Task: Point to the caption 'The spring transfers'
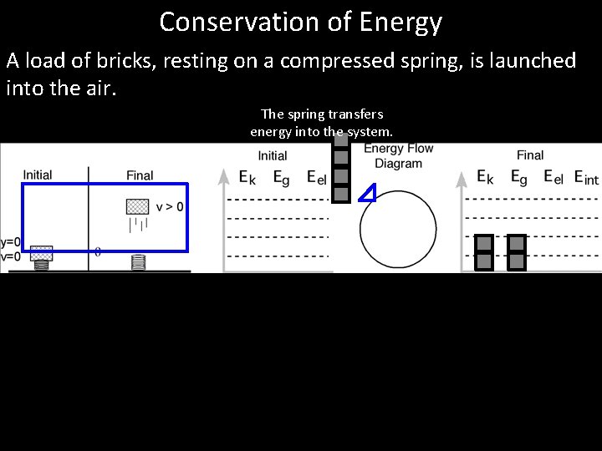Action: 322,114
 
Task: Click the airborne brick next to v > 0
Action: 137,205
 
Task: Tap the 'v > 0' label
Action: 170,205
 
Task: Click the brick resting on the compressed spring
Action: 41,252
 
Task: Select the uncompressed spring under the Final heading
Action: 138,262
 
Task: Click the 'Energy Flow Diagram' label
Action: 399,156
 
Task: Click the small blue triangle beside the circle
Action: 366,195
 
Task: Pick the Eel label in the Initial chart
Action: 316,178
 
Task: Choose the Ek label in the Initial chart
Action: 247,178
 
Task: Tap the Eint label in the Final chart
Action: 586,178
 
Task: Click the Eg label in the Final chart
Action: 518,178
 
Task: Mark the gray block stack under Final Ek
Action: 483,252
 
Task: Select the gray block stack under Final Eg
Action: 517,252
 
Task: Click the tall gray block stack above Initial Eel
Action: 340,167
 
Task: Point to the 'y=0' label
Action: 10,243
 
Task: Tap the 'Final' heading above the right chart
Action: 530,155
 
